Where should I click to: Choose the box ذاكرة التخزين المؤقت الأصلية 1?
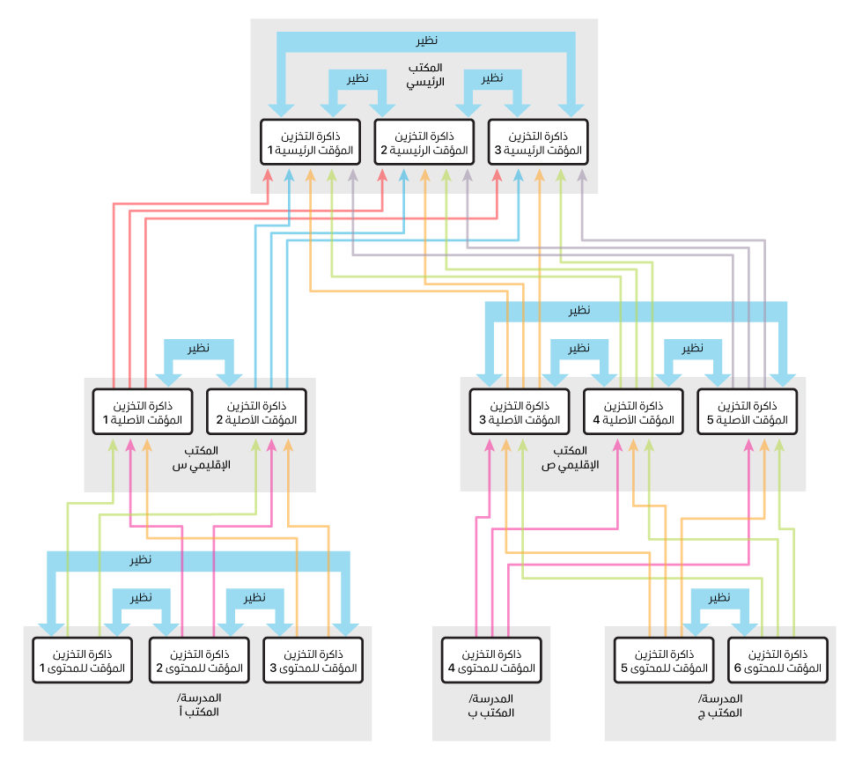point(144,412)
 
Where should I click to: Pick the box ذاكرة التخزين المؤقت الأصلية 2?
point(256,412)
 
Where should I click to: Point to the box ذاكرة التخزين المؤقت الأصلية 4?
point(632,412)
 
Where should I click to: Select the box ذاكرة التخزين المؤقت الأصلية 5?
point(746,412)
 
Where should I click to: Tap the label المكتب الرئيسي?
point(425,75)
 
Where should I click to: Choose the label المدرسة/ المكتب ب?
point(491,705)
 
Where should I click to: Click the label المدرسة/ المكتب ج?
point(720,705)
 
